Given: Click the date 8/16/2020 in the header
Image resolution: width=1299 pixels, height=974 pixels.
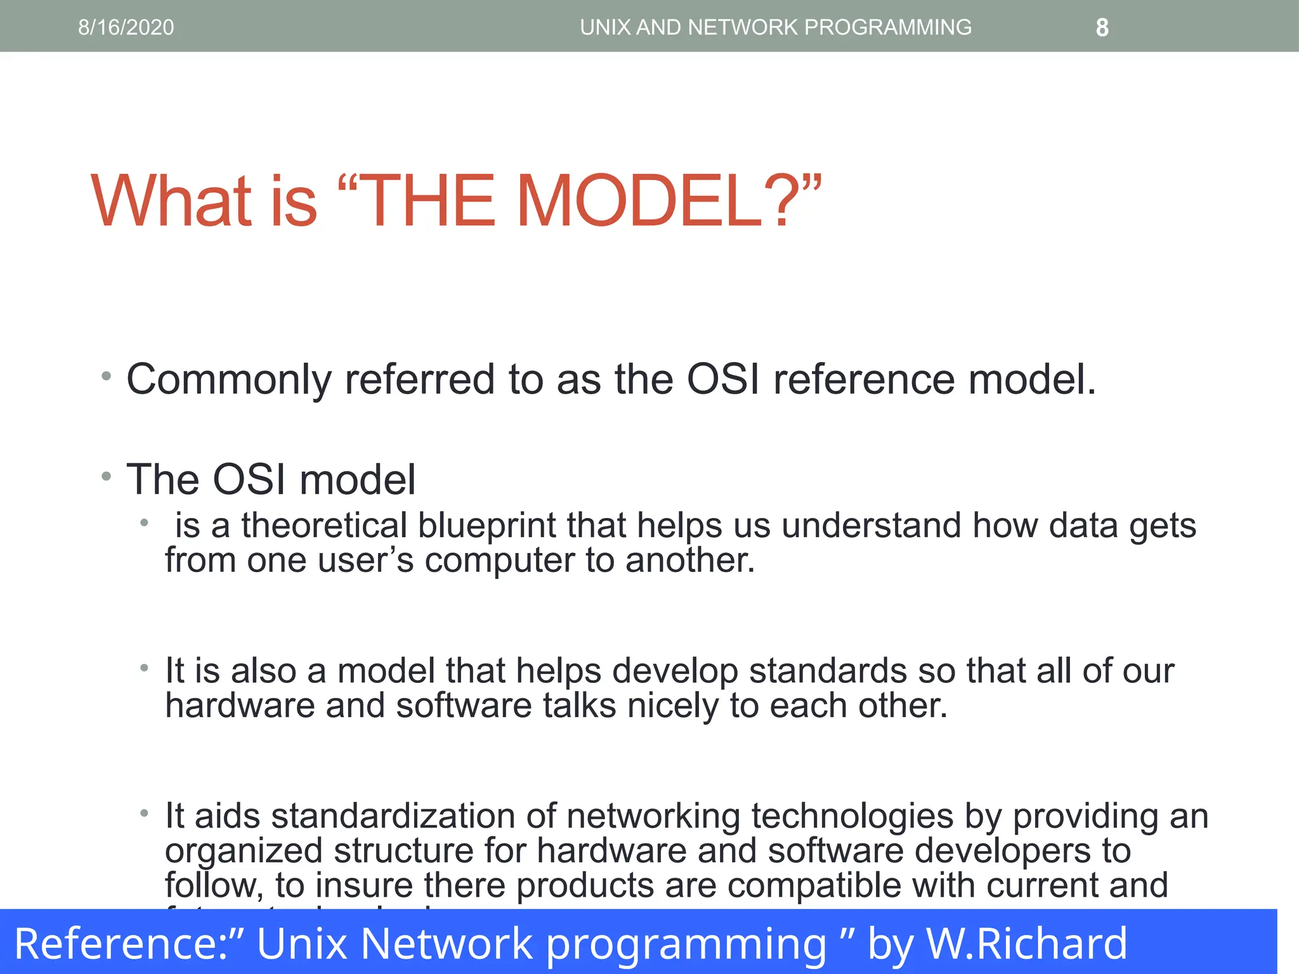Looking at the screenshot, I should pos(126,27).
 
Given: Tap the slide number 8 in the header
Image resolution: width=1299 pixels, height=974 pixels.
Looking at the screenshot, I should pos(1102,28).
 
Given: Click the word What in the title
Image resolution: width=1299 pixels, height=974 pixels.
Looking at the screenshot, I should pos(171,201).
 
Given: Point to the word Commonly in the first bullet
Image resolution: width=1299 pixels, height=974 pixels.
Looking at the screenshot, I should pos(229,380).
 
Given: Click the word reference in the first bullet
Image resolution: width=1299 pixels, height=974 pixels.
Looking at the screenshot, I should pos(863,380).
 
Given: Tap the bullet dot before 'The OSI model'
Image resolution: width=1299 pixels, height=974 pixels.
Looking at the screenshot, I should pos(107,476).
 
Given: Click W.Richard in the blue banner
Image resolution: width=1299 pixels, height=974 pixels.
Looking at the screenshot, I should pos(1027,944).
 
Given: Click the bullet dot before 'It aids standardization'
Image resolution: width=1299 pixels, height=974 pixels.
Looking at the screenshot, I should pos(145,813).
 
